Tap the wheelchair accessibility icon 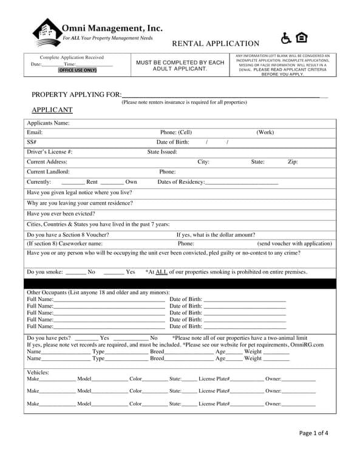pyautogui.click(x=286, y=38)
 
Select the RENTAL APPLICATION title pyautogui.click(x=216, y=43)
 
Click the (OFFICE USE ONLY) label pyautogui.click(x=77, y=70)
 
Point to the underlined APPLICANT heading pyautogui.click(x=52, y=110)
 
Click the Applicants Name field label pyautogui.click(x=48, y=123)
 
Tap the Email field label pyautogui.click(x=35, y=132)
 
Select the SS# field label pyautogui.click(x=32, y=142)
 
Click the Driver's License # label pyautogui.click(x=50, y=152)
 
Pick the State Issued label pyautogui.click(x=162, y=152)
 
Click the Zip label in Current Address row pyautogui.click(x=293, y=162)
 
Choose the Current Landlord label pyautogui.click(x=48, y=172)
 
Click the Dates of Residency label pyautogui.click(x=181, y=182)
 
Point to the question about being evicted pyautogui.click(x=61, y=214)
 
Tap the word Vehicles pyautogui.click(x=38, y=373)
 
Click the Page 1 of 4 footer pyautogui.click(x=313, y=433)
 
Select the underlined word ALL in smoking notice pyautogui.click(x=161, y=272)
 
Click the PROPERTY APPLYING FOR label pyautogui.click(x=76, y=95)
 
